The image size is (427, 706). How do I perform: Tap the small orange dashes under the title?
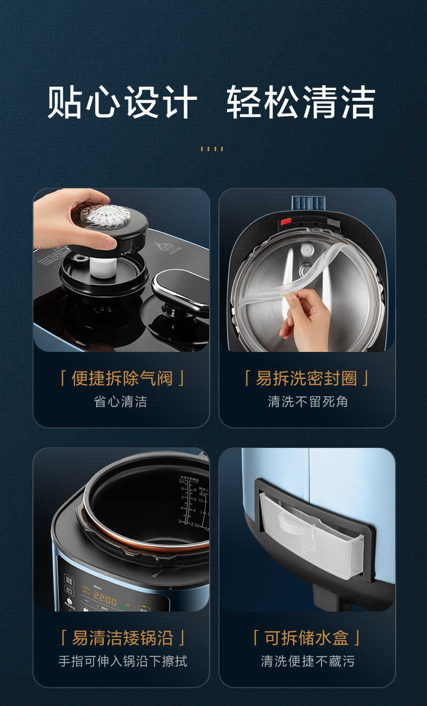(211, 148)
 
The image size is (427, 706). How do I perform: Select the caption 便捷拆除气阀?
(122, 378)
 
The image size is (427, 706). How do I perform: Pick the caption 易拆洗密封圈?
(306, 378)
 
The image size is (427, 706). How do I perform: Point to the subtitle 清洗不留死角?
(308, 402)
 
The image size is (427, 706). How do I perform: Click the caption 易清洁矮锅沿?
(122, 638)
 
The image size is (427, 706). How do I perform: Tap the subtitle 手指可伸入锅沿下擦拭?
(122, 661)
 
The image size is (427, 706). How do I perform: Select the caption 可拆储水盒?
(306, 638)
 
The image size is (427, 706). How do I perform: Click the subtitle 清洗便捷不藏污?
(308, 661)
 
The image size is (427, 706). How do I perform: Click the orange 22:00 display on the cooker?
(105, 599)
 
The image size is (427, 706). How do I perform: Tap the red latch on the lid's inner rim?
(285, 221)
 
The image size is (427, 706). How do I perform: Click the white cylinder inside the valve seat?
(102, 267)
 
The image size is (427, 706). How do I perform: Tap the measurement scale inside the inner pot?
(192, 499)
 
